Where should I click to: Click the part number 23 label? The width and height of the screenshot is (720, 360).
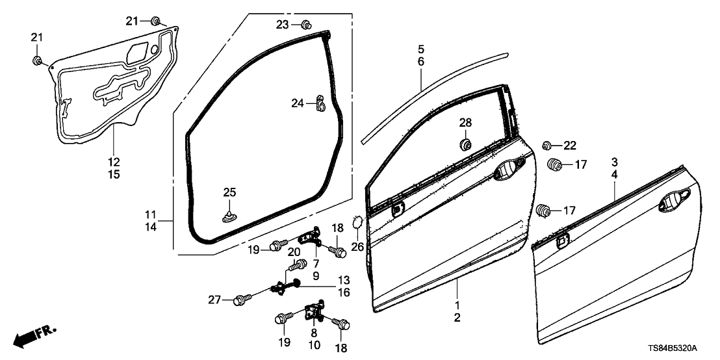coord(281,25)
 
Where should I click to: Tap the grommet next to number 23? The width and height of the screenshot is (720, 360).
coord(305,25)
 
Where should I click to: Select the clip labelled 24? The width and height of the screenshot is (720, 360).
coord(320,103)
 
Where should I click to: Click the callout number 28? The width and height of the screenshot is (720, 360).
coord(466,123)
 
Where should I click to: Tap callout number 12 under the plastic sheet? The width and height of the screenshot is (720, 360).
coord(114,162)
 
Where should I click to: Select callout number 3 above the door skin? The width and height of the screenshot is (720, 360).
coord(614,162)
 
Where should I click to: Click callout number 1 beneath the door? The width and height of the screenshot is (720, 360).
coord(457,305)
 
